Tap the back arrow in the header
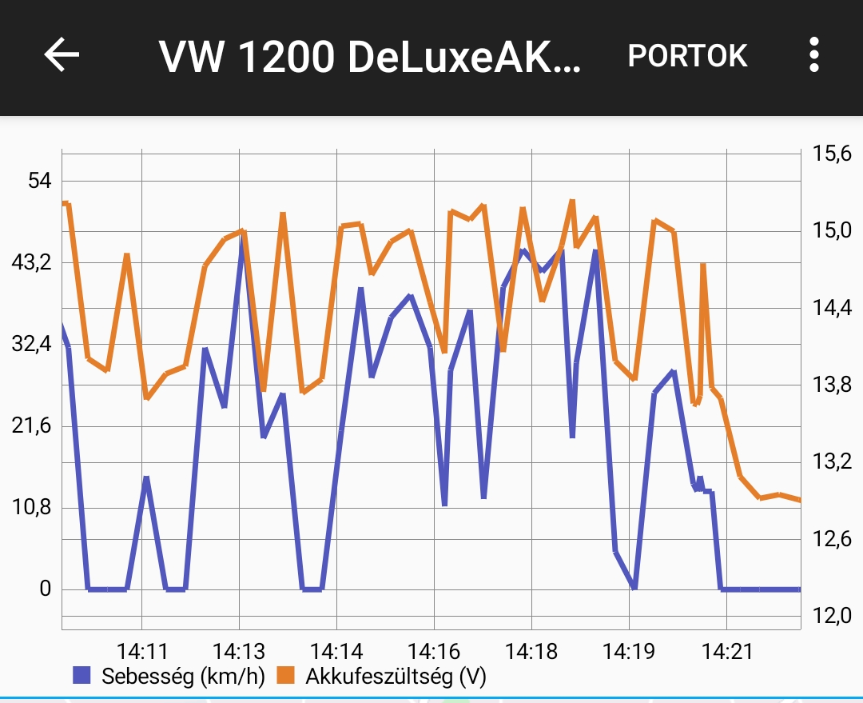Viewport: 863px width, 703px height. pos(62,55)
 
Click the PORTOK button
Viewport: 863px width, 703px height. pos(687,56)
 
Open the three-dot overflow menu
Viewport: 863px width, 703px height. pos(813,55)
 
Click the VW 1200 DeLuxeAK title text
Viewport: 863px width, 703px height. pos(370,57)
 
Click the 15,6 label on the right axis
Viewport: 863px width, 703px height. pos(831,154)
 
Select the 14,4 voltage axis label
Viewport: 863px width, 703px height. pos(831,308)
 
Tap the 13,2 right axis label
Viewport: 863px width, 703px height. pos(831,462)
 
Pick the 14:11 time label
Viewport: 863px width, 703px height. pos(141,651)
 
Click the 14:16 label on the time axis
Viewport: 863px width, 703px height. pos(434,651)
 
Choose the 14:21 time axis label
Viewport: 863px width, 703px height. pos(726,651)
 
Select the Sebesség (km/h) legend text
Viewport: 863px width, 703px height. pos(183,677)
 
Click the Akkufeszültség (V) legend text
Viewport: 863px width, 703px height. pos(396,677)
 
